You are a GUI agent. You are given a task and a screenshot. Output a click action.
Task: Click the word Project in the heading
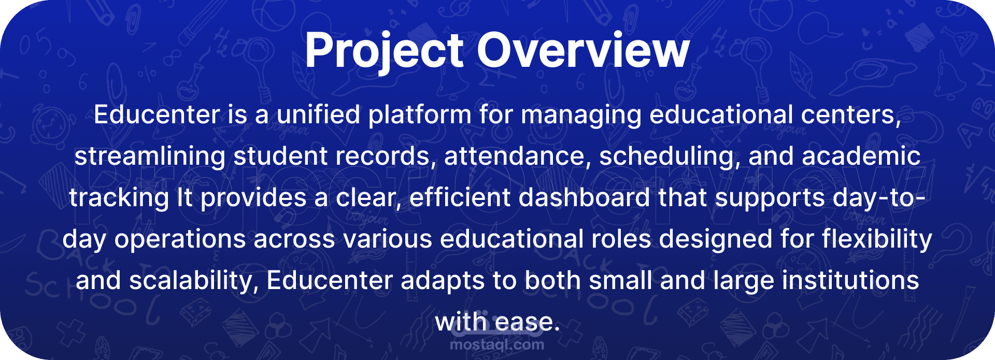[x=384, y=51]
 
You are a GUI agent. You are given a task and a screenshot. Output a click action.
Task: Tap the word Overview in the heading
[x=583, y=50]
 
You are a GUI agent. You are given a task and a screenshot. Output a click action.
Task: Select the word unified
[x=318, y=114]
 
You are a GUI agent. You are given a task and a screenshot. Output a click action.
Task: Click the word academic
[x=861, y=156]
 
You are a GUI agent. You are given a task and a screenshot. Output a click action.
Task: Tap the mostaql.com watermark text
[x=497, y=344]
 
